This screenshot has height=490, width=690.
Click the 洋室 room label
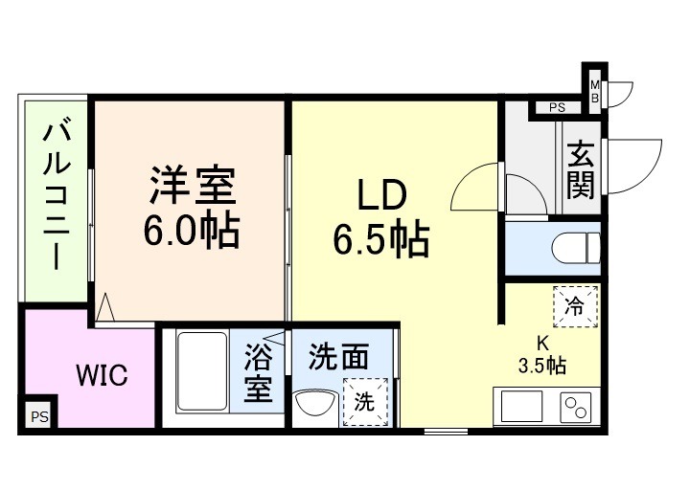click(x=192, y=185)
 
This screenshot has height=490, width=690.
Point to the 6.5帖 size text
click(x=380, y=240)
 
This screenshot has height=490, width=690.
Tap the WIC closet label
click(x=102, y=375)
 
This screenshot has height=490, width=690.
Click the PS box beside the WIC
click(x=38, y=416)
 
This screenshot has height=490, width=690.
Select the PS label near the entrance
click(x=557, y=108)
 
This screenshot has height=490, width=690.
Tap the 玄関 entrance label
click(x=579, y=170)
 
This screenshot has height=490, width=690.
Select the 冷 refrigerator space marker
click(x=574, y=307)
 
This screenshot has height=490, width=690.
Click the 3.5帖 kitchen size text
click(x=541, y=366)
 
